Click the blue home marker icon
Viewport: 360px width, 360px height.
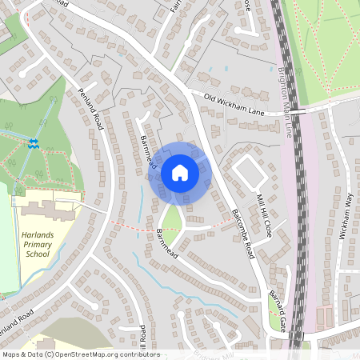coord(180,172)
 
